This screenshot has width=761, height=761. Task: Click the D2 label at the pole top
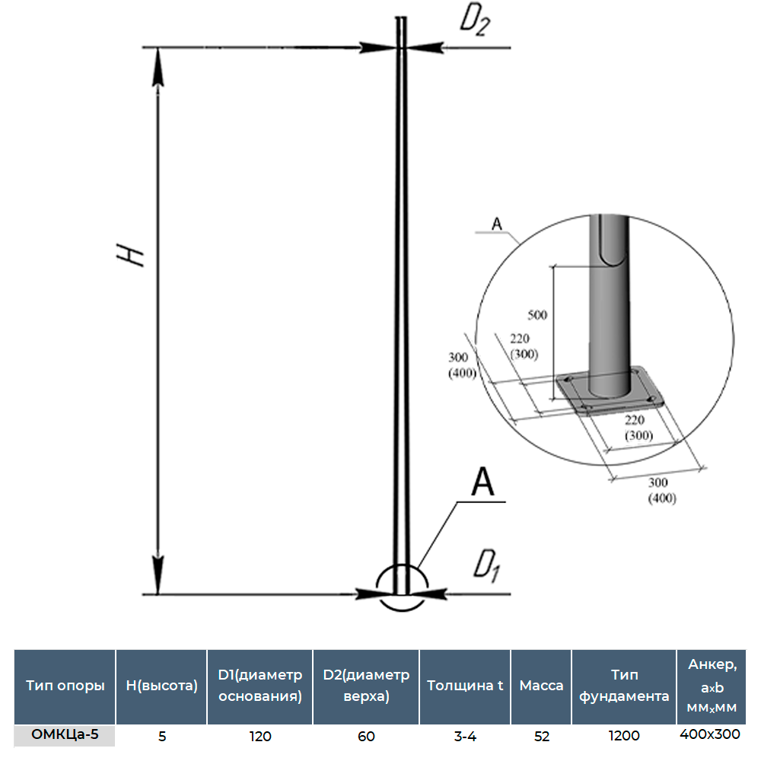tap(473, 23)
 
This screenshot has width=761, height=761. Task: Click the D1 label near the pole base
tap(486, 565)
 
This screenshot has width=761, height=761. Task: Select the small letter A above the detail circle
tap(496, 223)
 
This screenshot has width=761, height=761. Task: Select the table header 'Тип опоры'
tap(65, 686)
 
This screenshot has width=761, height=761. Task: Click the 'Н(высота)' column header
tap(161, 686)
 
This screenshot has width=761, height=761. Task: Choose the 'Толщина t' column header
tap(465, 686)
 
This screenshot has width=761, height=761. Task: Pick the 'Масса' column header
tap(541, 686)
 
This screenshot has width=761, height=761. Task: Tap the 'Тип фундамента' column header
tap(624, 686)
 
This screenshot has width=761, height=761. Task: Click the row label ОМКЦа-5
tap(65, 734)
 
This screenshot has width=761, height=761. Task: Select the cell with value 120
tap(260, 736)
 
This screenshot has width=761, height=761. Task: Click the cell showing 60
tap(366, 736)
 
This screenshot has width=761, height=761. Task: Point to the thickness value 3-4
tap(465, 736)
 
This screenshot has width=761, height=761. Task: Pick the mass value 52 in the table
tap(541, 736)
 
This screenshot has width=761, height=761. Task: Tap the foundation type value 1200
tap(624, 736)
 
